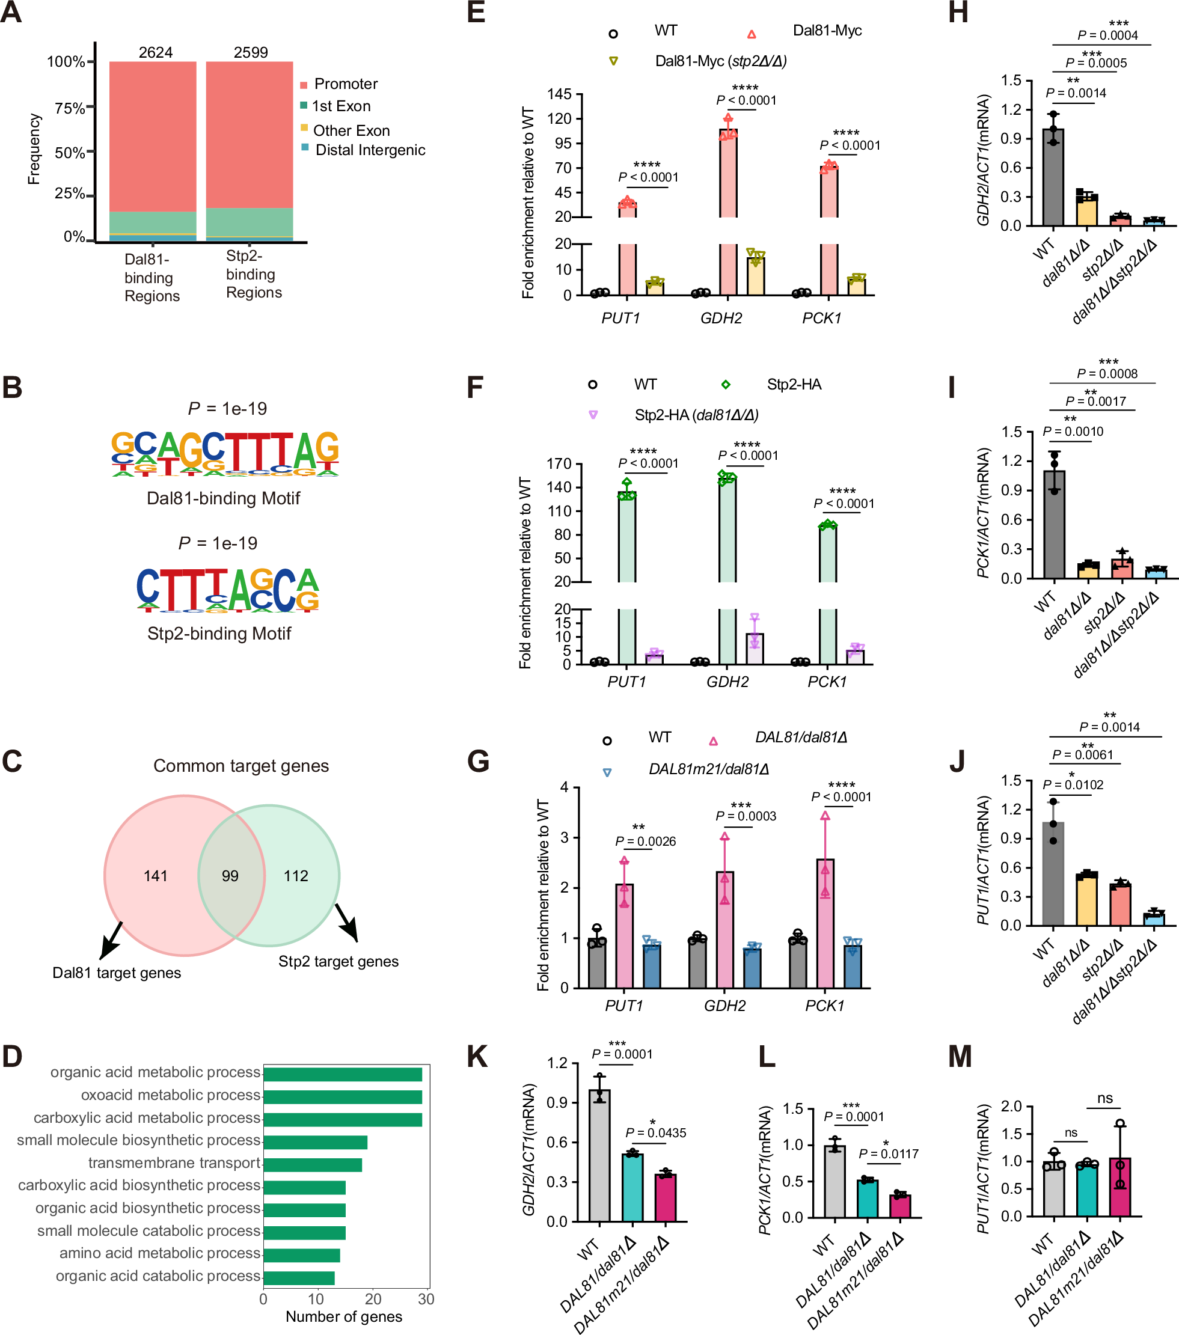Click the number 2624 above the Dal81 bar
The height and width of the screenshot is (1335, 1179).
[156, 52]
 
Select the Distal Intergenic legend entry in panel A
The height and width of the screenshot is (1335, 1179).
[369, 150]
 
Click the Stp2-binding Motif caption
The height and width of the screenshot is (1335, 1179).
[219, 634]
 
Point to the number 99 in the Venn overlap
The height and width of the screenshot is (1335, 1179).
[230, 876]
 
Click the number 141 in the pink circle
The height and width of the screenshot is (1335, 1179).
[156, 876]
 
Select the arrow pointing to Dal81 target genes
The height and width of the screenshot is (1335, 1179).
[112, 941]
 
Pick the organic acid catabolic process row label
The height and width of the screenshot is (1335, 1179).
[158, 1275]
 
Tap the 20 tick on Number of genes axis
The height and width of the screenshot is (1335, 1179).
[373, 1299]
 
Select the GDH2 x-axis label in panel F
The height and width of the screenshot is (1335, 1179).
[727, 682]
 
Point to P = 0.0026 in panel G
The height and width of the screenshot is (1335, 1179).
[645, 842]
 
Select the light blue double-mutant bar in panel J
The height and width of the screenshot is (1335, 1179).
[1154, 919]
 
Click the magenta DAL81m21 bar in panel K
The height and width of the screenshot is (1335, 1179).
[665, 1197]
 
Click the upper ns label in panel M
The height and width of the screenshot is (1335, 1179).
[1104, 1098]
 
